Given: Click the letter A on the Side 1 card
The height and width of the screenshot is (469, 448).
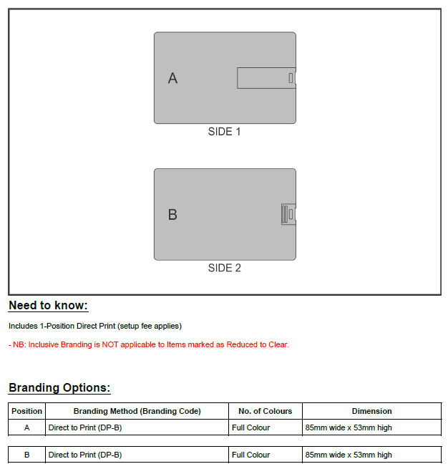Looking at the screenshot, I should pyautogui.click(x=172, y=78).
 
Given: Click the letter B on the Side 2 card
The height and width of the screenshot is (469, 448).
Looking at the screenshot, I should pyautogui.click(x=172, y=214).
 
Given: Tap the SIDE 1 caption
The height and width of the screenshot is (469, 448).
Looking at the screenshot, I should pyautogui.click(x=224, y=132).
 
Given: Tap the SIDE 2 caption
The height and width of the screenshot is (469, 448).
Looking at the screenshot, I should pyautogui.click(x=224, y=268).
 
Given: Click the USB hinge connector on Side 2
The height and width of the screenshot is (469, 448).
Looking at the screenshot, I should pyautogui.click(x=287, y=214).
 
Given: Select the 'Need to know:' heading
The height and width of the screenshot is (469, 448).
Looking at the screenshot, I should pyautogui.click(x=48, y=306).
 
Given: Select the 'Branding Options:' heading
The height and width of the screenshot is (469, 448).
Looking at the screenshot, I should pyautogui.click(x=59, y=388).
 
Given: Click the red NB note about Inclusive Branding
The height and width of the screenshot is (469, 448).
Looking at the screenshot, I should pyautogui.click(x=149, y=344).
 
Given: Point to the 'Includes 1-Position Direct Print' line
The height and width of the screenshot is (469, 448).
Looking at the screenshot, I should pyautogui.click(x=95, y=326).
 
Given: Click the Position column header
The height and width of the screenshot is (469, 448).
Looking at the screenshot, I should pyautogui.click(x=27, y=411).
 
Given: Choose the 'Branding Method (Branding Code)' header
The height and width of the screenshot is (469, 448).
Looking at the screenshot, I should pyautogui.click(x=137, y=411).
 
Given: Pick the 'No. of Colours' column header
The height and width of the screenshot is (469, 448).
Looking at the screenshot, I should pyautogui.click(x=266, y=411).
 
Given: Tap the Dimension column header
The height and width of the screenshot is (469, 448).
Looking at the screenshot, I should pyautogui.click(x=371, y=411).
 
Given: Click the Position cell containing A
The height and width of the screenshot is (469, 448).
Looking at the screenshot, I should pyautogui.click(x=27, y=427).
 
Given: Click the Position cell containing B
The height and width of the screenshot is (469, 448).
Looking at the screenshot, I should pyautogui.click(x=27, y=455).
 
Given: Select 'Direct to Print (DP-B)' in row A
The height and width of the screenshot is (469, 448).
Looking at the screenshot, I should pyautogui.click(x=84, y=427).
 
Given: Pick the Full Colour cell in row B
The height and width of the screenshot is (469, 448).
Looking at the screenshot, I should pyautogui.click(x=250, y=455).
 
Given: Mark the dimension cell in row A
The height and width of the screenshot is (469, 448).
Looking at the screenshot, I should pyautogui.click(x=349, y=427).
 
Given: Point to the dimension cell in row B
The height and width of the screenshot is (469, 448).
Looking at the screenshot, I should pyautogui.click(x=349, y=455).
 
